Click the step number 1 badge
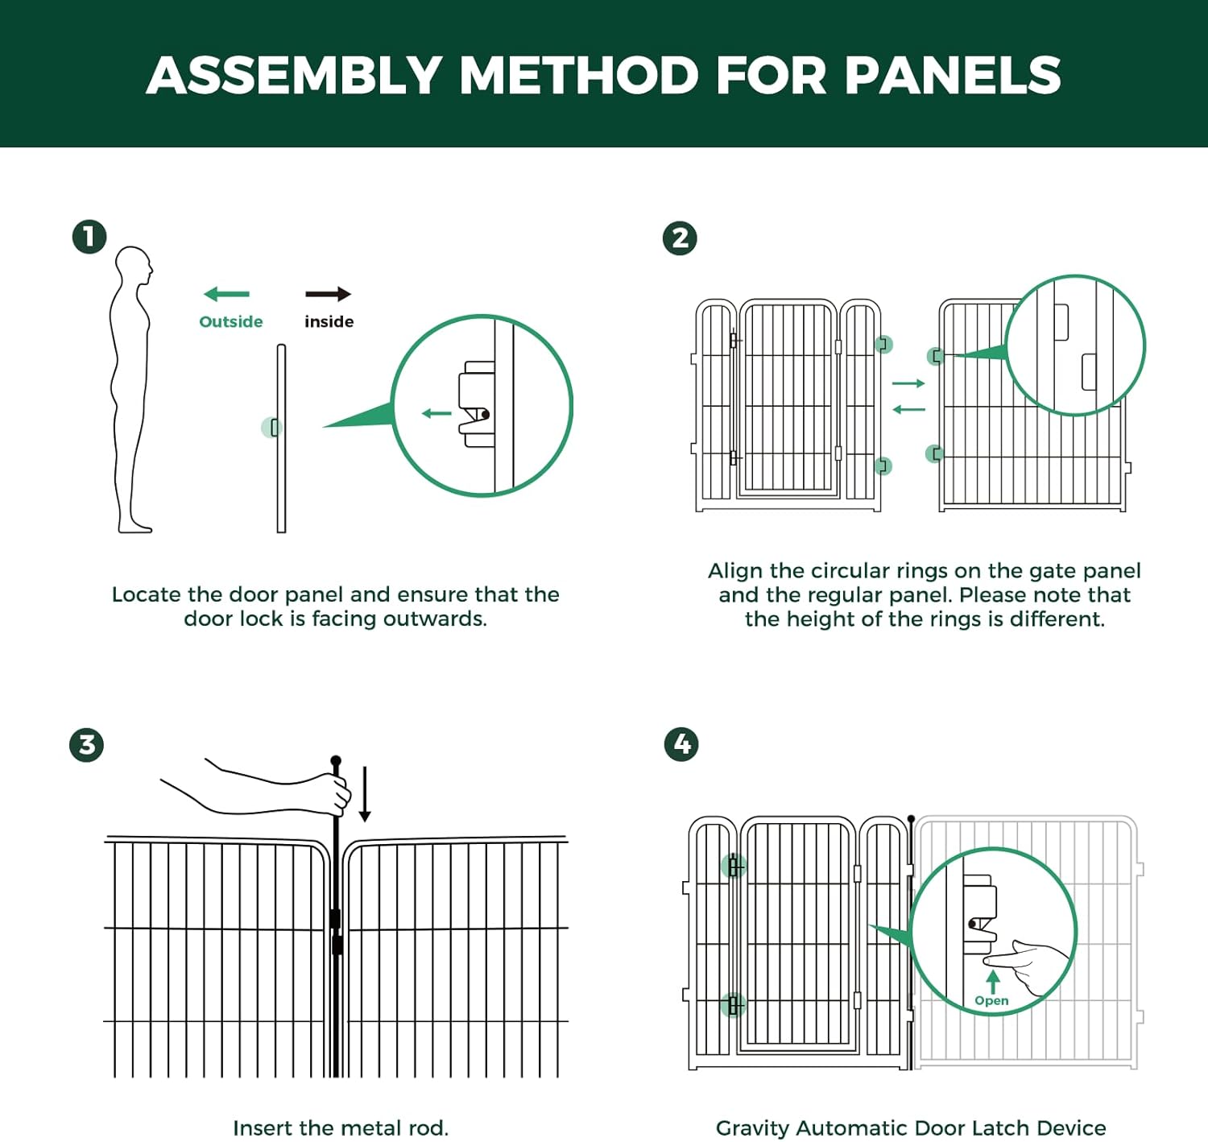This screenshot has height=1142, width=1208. coord(89,237)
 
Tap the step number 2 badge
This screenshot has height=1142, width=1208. coord(680,238)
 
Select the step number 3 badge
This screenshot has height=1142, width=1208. coord(86,745)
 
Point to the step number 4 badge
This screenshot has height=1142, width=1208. coord(681,744)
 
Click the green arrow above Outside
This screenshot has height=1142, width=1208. coord(227,295)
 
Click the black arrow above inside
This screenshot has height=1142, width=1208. coord(329,295)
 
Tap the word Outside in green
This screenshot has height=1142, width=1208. coord(231,321)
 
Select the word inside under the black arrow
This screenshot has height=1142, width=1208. coord(329,321)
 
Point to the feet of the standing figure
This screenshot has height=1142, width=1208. coord(135,527)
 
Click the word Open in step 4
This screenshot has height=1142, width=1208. coord(991,1000)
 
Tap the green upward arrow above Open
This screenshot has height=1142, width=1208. coord(993,981)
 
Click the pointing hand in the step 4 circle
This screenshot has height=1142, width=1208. coord(1031,962)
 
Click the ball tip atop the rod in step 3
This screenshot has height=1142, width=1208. coord(336,761)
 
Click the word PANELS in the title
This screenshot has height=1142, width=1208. coord(953,75)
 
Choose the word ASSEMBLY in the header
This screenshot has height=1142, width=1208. coord(294,75)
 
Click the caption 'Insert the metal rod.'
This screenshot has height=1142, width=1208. coord(341,1128)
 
